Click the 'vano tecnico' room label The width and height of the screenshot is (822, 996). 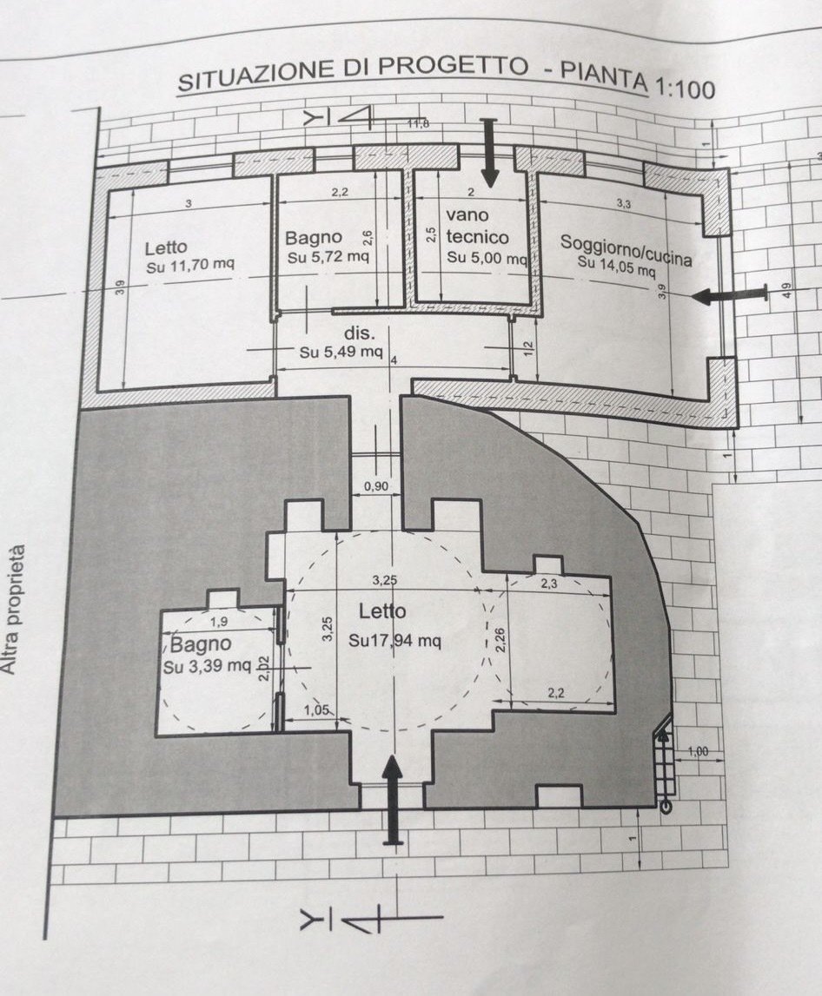(475, 225)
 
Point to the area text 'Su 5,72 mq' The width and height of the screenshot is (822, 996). (328, 257)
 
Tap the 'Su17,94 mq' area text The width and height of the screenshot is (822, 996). (394, 641)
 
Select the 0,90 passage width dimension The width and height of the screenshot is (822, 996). (375, 486)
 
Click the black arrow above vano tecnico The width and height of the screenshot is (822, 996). (489, 152)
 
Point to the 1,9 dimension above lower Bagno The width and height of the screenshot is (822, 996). (219, 622)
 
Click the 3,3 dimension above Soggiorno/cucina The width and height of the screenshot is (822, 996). (624, 203)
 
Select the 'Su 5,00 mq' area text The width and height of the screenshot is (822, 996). (487, 258)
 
